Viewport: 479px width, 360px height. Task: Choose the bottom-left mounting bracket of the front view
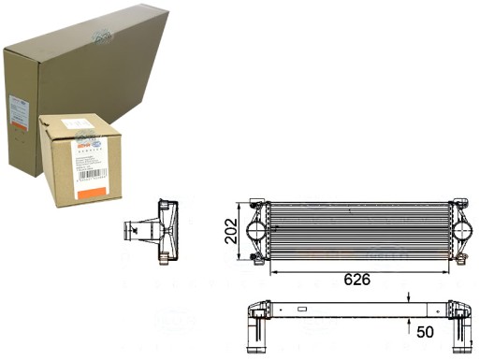click(254, 258)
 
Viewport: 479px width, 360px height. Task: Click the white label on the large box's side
click(16, 109)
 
